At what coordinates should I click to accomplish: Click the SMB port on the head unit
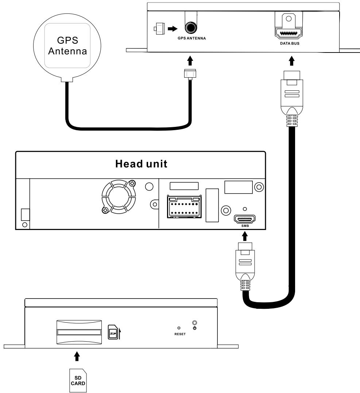point(245,219)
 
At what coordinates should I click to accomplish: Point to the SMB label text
point(245,226)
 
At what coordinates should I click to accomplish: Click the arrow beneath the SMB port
point(245,237)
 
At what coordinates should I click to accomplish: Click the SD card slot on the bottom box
point(78,332)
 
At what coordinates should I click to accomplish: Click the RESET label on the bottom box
point(180,334)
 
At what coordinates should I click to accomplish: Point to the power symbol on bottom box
point(195,328)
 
